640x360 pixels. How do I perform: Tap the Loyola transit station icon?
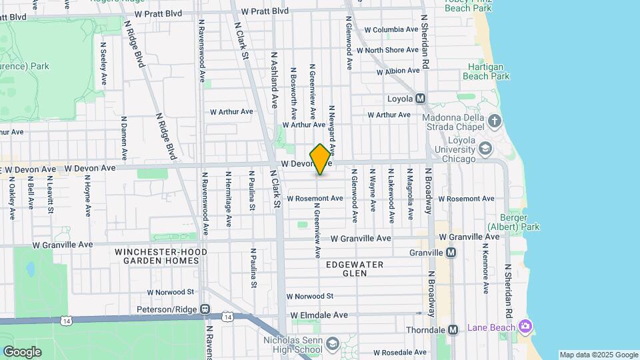tap(421, 99)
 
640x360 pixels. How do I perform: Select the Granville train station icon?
tap(451, 253)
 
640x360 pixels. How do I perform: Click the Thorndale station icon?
tap(453, 330)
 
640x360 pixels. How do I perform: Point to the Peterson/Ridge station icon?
tap(205, 309)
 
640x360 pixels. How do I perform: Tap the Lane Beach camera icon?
tap(526, 325)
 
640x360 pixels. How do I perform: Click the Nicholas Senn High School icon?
tap(333, 343)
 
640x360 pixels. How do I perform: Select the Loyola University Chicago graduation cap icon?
tap(486, 147)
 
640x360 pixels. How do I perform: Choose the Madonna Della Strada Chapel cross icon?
tap(494, 121)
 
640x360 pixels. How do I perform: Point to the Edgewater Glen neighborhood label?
tap(354, 269)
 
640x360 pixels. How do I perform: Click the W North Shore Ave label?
tap(392, 50)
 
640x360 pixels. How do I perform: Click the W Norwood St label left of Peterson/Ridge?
tap(171, 292)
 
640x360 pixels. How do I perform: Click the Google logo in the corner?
tap(22, 351)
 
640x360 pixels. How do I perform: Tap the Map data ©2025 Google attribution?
tap(598, 355)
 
